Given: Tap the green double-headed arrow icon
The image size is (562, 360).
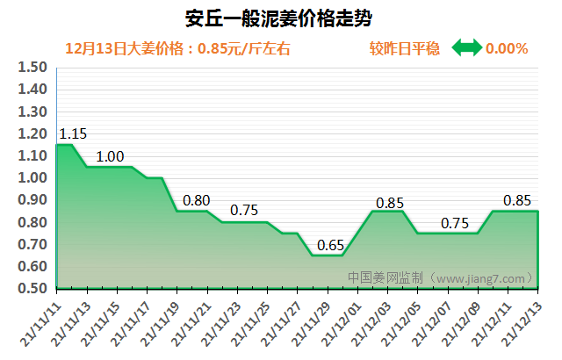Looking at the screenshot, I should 466,48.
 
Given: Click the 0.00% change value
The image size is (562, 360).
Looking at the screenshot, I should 507,48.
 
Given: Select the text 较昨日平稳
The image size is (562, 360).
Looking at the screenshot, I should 405,48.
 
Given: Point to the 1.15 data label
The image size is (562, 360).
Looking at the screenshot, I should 73,134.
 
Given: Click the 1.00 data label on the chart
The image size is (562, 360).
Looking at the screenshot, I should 110,157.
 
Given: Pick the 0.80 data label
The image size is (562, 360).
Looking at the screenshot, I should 196,200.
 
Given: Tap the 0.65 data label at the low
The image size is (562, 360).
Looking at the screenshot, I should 330,245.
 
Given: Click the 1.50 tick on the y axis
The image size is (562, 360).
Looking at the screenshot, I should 32,68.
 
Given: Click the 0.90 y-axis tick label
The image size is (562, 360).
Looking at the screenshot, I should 32,200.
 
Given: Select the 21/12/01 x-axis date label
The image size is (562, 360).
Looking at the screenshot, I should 340,321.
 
